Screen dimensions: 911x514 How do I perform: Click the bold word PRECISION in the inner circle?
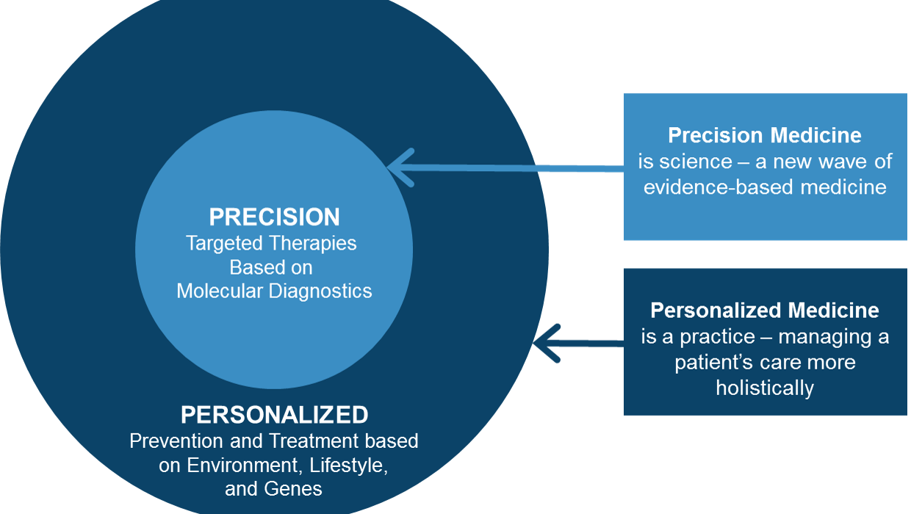[274, 217]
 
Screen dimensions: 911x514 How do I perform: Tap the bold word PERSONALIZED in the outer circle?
[275, 415]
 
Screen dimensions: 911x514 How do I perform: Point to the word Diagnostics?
[320, 292]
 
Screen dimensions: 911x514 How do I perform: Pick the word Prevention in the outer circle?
[176, 441]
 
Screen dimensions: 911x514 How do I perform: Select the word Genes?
[293, 489]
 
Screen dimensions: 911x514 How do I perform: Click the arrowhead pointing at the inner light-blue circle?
[400, 167]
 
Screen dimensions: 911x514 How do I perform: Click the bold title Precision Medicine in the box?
[765, 135]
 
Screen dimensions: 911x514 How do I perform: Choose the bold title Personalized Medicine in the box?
[765, 311]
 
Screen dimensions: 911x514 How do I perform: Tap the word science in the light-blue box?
[696, 162]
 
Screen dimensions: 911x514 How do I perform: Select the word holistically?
[765, 388]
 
